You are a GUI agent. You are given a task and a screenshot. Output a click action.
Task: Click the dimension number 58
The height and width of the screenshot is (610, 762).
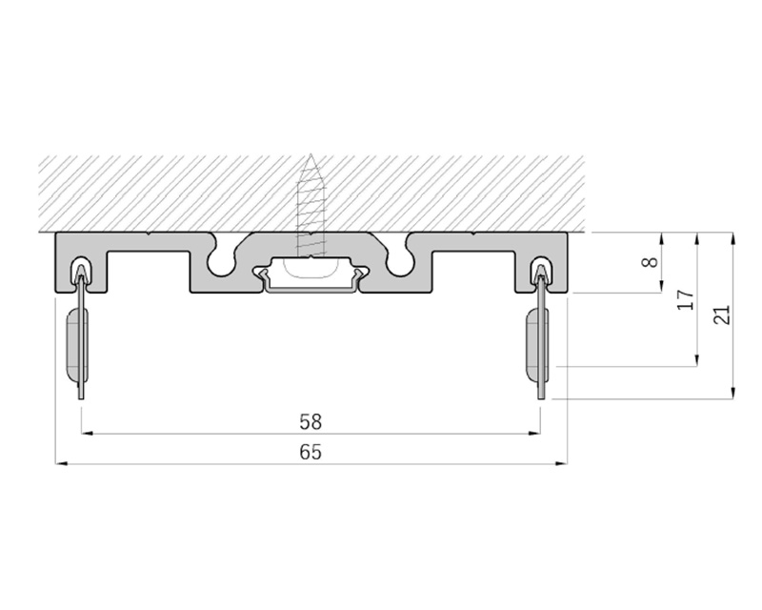[x=311, y=421]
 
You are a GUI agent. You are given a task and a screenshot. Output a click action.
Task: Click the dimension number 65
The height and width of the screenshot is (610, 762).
[x=311, y=453]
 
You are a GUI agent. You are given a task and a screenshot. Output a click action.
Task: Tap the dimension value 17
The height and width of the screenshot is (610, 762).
[x=685, y=300]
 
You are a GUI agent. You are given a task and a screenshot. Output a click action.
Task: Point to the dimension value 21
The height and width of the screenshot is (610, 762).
[x=722, y=315]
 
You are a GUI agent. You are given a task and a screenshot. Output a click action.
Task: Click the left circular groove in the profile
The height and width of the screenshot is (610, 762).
[x=221, y=263]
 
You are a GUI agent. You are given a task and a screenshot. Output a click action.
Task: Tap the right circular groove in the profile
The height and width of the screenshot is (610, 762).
[x=401, y=263]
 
